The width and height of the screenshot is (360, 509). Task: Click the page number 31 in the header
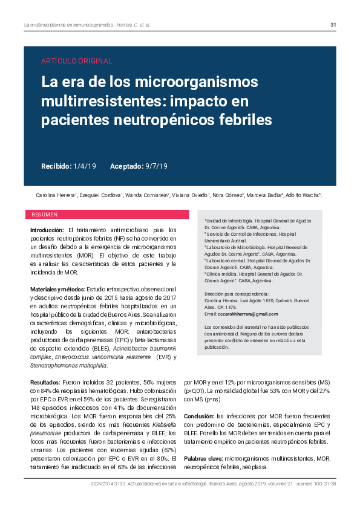333,25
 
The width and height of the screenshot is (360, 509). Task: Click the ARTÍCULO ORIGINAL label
76,60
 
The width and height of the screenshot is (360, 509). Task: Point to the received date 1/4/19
84,166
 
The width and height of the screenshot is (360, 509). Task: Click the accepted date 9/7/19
157,166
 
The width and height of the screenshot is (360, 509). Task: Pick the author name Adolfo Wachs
304,196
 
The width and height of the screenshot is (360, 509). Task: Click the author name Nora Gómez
227,196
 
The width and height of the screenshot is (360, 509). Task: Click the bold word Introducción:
47,230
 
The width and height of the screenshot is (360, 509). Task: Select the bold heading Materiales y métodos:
58,273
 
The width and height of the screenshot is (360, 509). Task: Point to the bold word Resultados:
45,383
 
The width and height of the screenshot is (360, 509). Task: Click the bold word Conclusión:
199,417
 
